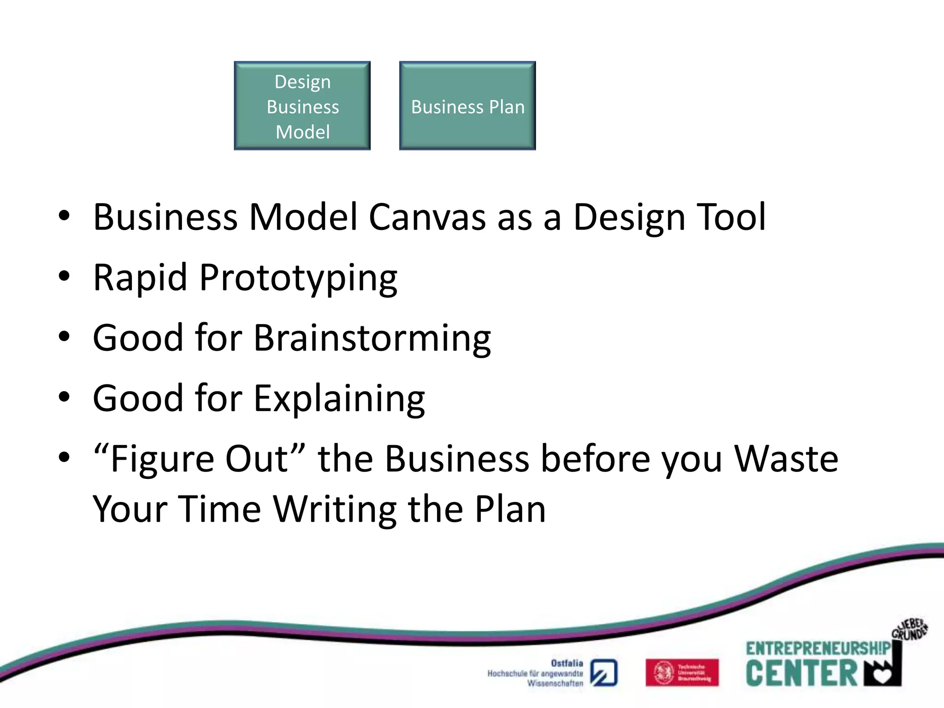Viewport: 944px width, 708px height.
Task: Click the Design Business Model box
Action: tap(302, 106)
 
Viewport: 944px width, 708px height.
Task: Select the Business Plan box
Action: tap(467, 106)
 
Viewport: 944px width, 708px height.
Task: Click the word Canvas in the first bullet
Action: tap(427, 217)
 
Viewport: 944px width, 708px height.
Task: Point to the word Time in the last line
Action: tap(220, 509)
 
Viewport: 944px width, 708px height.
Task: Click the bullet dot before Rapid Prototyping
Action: tap(64, 277)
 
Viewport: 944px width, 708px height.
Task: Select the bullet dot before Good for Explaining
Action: tap(64, 397)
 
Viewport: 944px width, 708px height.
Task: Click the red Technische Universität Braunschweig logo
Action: tap(682, 673)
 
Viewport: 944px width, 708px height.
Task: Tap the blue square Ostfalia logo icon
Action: tap(604, 673)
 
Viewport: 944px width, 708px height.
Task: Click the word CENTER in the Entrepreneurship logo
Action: tap(801, 673)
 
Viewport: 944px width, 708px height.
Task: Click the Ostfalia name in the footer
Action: tap(566, 663)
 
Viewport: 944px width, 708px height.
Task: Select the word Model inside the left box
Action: tap(302, 132)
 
